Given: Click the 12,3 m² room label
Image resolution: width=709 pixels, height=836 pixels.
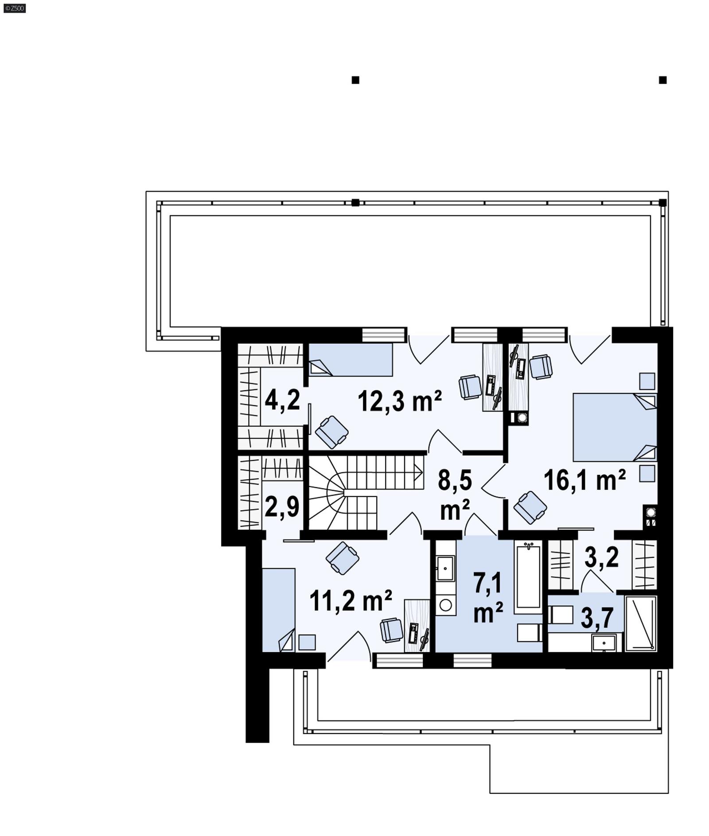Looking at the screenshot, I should (x=399, y=401).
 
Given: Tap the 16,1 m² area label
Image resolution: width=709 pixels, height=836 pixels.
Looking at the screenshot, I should (x=584, y=480).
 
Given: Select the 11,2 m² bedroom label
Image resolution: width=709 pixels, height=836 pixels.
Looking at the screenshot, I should (x=350, y=601).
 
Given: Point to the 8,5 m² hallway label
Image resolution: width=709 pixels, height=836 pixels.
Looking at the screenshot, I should (x=455, y=495).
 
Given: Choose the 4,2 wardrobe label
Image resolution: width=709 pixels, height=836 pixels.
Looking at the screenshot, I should (x=282, y=400).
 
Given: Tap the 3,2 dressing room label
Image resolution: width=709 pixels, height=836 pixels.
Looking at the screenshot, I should (x=601, y=557).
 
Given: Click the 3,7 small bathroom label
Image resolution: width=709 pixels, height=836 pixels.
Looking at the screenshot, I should (x=596, y=618).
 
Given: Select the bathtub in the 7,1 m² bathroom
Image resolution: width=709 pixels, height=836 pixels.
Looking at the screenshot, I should (x=528, y=577).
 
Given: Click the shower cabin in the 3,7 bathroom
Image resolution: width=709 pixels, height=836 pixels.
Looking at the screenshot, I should (x=640, y=624).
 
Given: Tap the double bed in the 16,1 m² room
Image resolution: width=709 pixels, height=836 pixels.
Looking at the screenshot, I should (x=614, y=427).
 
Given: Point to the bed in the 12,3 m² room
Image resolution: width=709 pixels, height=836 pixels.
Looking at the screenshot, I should (x=350, y=360).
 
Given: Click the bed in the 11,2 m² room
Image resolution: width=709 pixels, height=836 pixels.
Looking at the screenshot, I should (x=278, y=609).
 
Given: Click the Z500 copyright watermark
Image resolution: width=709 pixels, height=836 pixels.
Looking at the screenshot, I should (x=14, y=8).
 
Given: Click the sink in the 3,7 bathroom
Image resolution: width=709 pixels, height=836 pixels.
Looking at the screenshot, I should (x=604, y=643).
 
